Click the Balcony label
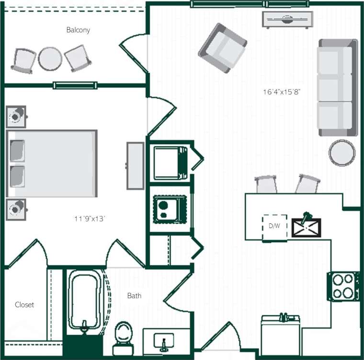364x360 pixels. coord(78,30)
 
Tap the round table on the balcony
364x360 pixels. coord(50,59)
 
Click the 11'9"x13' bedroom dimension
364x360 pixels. coord(90,219)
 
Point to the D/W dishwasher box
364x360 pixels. coord(274,226)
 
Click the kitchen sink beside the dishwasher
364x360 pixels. coord(307,227)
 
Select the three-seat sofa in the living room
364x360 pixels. coord(338,87)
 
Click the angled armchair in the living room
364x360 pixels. coord(223,48)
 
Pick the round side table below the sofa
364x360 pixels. coord(342,152)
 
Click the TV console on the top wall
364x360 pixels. coord(287,20)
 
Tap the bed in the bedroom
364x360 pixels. coord(52,163)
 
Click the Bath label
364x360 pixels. coord(134,296)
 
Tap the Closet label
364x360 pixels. coord(24,304)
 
